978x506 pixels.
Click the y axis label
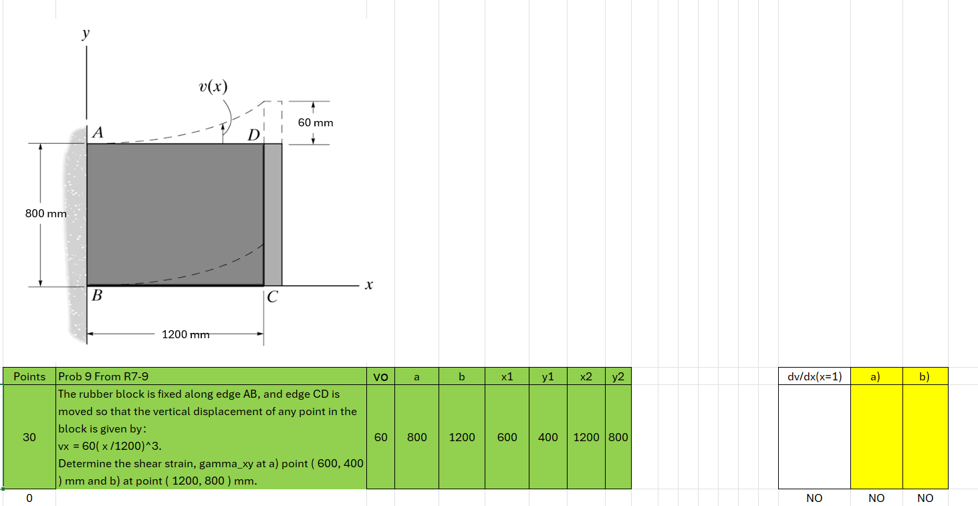tap(86, 35)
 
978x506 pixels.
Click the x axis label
tap(368, 285)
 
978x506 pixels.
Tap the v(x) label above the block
tap(213, 86)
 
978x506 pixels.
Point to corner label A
tap(98, 133)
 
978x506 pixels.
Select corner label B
tap(97, 296)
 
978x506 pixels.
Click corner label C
tap(271, 297)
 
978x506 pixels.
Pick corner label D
tap(253, 136)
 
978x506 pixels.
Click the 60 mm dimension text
tap(316, 123)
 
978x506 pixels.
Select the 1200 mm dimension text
tap(185, 334)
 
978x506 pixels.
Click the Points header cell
tap(29, 376)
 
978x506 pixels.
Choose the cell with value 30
tap(29, 437)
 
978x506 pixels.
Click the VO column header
tap(380, 376)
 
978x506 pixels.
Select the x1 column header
tap(507, 376)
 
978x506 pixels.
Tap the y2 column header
tap(618, 376)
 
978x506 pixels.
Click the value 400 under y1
tap(547, 437)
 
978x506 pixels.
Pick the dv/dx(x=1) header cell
tap(814, 376)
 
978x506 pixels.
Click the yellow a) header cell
tap(876, 376)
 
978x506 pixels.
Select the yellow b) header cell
tap(925, 376)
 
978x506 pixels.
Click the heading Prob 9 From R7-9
tap(104, 376)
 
